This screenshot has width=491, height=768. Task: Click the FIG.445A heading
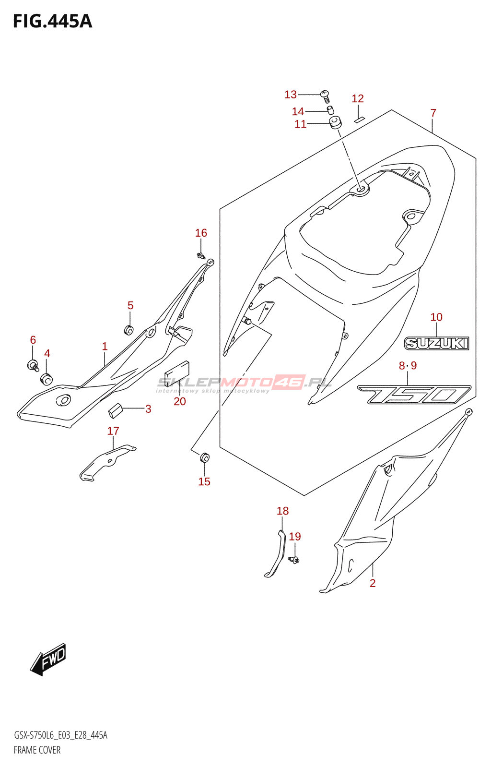tap(52, 22)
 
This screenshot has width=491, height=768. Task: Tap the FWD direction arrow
tap(48, 659)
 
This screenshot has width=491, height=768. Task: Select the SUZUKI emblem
tap(436, 343)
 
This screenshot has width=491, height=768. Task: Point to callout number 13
tap(291, 95)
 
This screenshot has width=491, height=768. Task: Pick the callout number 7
tap(433, 113)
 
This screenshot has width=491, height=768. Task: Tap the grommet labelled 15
tap(204, 457)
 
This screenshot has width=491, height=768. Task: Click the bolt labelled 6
tap(33, 365)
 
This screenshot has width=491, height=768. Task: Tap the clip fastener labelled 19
tap(294, 559)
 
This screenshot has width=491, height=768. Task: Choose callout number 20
tap(180, 401)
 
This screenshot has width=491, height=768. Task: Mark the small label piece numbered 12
tap(359, 119)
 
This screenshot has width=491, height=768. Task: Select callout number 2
tap(373, 583)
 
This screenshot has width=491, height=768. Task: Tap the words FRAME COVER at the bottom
tap(37, 750)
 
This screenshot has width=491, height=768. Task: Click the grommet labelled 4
tap(46, 379)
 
